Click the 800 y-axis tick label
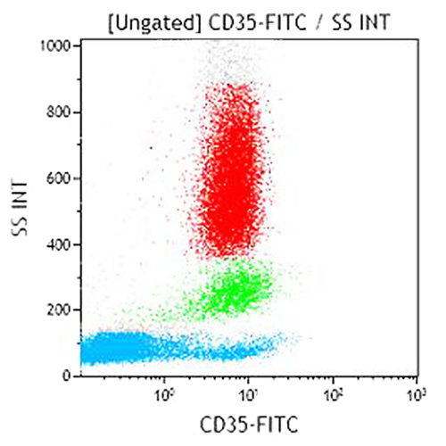click(x=61, y=112)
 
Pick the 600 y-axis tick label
click(x=61, y=178)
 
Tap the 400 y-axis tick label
click(x=61, y=244)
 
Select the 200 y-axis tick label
click(x=61, y=310)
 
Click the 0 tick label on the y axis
click(x=67, y=376)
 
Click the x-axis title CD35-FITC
click(x=246, y=424)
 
